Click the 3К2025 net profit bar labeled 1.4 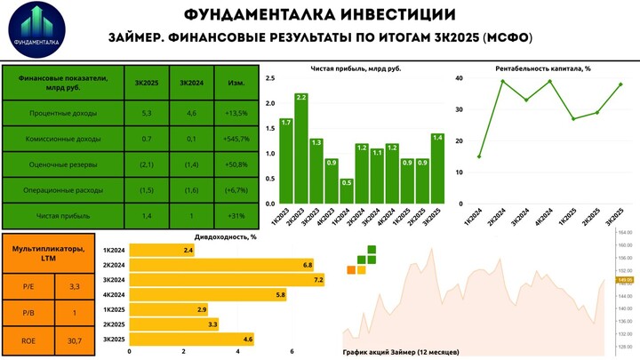(436, 168)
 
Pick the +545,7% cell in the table (237, 140)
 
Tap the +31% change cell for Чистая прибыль (237, 217)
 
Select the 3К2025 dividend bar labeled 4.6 (192, 339)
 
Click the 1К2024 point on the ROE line (479, 156)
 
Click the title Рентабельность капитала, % (542, 68)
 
